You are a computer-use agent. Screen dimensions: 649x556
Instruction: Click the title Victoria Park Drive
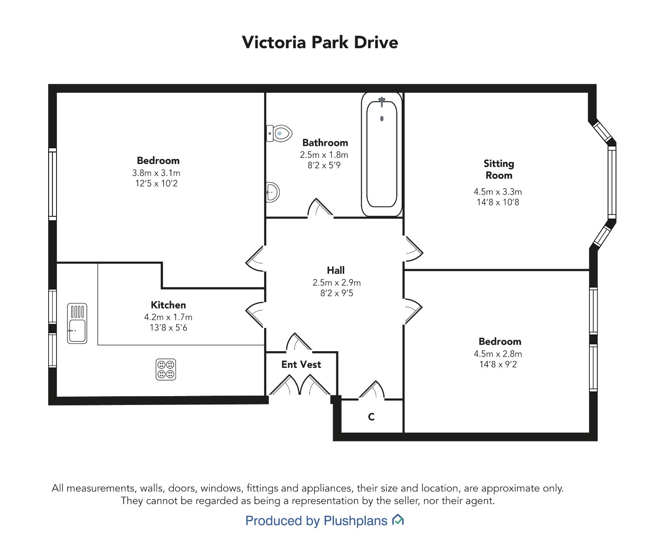click(x=320, y=43)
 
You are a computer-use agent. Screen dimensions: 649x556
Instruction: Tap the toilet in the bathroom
click(x=279, y=133)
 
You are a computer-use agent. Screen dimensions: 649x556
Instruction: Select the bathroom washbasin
click(x=272, y=192)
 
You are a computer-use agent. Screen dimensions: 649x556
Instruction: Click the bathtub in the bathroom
click(x=382, y=154)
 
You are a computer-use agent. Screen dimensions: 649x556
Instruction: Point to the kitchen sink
click(x=77, y=323)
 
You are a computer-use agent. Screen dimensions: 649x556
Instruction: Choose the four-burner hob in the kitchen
click(x=166, y=369)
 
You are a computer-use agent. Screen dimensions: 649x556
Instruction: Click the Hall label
click(x=336, y=270)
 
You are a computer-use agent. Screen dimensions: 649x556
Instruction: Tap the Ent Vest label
click(x=301, y=364)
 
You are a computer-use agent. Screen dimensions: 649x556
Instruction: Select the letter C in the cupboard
click(x=371, y=417)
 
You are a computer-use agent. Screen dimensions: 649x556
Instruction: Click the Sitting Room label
click(x=498, y=169)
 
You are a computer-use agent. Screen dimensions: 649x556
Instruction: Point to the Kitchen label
click(x=168, y=305)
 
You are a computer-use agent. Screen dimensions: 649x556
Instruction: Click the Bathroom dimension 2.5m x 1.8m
click(x=324, y=155)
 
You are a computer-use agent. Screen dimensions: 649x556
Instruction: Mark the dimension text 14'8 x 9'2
click(x=498, y=364)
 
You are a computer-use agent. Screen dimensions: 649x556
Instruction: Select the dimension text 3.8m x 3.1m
click(x=156, y=173)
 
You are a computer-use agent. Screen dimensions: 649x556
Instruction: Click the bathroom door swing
click(x=320, y=208)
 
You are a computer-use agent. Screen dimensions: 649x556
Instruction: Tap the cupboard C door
click(x=371, y=391)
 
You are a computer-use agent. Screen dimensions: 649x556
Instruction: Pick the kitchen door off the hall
click(x=255, y=315)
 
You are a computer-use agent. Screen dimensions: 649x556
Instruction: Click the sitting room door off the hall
click(x=413, y=248)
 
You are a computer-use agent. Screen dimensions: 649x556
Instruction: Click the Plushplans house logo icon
click(x=397, y=520)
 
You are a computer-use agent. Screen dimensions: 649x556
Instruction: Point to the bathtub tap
click(x=382, y=101)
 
